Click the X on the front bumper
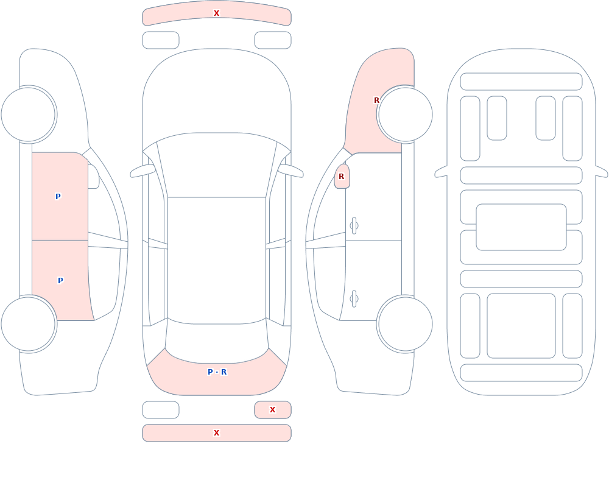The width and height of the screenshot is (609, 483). [216, 13]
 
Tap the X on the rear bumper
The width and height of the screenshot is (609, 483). [216, 433]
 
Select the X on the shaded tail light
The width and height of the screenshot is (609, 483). [272, 409]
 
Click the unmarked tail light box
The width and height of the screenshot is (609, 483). [160, 409]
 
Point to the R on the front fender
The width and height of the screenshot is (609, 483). [376, 100]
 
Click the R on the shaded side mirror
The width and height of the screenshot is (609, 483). [342, 177]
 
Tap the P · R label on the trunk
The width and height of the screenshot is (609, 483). [217, 372]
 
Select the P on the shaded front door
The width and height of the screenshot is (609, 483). [58, 196]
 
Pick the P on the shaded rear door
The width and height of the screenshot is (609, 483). [60, 281]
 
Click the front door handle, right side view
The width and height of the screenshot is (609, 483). [354, 226]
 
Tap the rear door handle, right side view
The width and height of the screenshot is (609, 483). [354, 299]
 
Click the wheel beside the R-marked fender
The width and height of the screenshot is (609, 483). [405, 115]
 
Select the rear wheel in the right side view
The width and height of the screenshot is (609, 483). [405, 323]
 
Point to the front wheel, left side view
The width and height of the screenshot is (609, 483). [28, 115]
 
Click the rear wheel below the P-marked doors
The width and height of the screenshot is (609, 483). [28, 323]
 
